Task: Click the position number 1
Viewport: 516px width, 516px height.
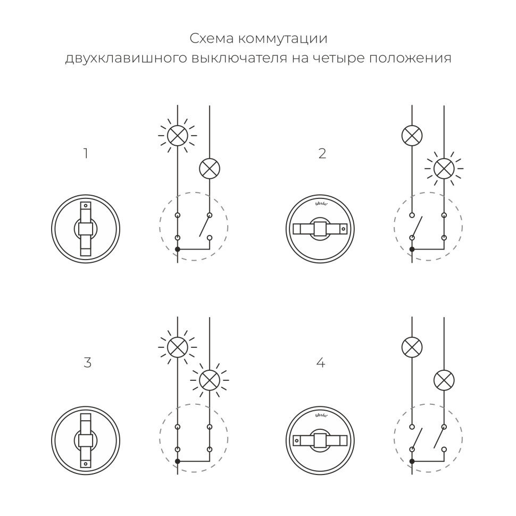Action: click(x=86, y=154)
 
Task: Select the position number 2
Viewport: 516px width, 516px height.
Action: click(x=322, y=154)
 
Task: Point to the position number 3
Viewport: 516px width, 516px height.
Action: click(x=87, y=363)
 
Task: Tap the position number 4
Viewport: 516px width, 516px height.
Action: click(x=320, y=363)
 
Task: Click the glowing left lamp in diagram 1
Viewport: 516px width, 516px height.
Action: click(x=178, y=136)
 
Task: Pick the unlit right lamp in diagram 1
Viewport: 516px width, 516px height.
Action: click(x=210, y=169)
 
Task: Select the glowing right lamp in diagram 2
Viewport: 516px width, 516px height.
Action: click(x=444, y=169)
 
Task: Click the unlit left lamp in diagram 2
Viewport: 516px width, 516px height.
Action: click(x=412, y=136)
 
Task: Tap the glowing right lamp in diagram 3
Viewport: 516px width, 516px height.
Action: click(x=210, y=380)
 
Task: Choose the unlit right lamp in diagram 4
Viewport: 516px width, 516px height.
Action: click(x=444, y=380)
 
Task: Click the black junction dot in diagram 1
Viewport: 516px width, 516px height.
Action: click(x=178, y=249)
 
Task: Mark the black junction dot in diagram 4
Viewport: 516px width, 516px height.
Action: click(x=412, y=461)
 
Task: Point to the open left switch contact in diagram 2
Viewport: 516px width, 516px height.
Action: click(x=417, y=226)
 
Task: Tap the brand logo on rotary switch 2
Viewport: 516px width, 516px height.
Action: click(x=320, y=204)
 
